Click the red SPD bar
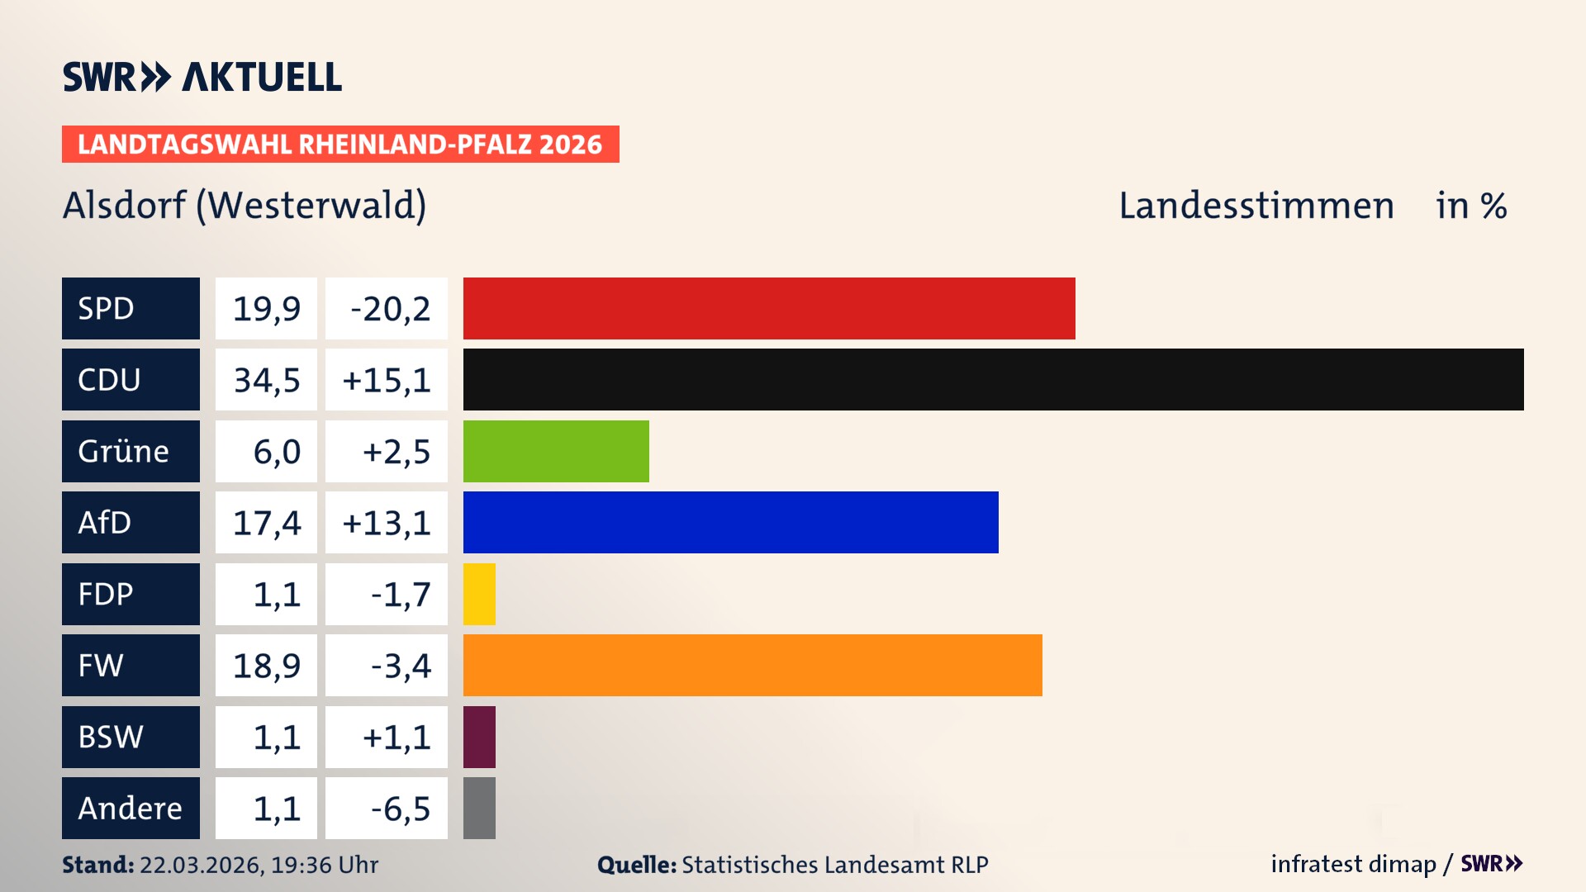click(768, 308)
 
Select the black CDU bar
click(993, 380)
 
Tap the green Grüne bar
click(556, 451)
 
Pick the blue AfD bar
click(730, 523)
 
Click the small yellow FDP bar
click(479, 594)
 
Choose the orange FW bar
click(753, 666)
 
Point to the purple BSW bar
click(479, 737)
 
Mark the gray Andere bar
click(479, 808)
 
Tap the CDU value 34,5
click(266, 380)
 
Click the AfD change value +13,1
click(387, 523)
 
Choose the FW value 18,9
click(266, 666)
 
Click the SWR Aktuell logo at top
click(202, 77)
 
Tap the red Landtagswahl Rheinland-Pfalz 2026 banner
click(340, 145)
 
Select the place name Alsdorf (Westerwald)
click(245, 206)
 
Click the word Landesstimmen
click(1256, 206)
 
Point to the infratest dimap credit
click(1353, 864)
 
